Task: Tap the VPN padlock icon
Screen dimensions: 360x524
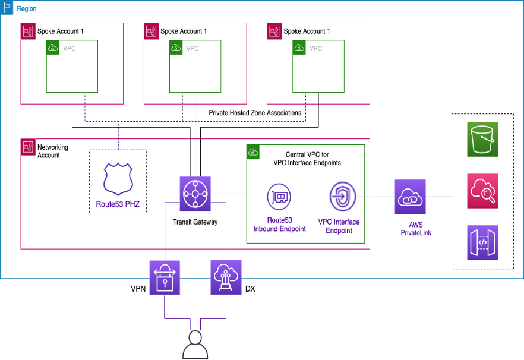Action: [163, 277]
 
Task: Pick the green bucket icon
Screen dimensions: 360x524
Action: [482, 140]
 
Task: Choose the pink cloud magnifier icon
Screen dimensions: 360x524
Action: [482, 191]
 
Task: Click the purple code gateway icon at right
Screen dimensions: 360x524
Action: [482, 242]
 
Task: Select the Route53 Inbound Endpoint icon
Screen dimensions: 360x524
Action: [279, 197]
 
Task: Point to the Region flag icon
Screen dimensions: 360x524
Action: [8, 8]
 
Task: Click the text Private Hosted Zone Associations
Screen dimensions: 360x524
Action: [255, 113]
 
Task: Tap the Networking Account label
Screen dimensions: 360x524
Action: [53, 151]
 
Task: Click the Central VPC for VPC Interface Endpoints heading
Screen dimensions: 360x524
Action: [307, 159]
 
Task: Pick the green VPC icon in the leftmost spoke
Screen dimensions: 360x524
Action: [53, 48]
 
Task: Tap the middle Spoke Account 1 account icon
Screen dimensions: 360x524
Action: [151, 31]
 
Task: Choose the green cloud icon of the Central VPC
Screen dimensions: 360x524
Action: [253, 151]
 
